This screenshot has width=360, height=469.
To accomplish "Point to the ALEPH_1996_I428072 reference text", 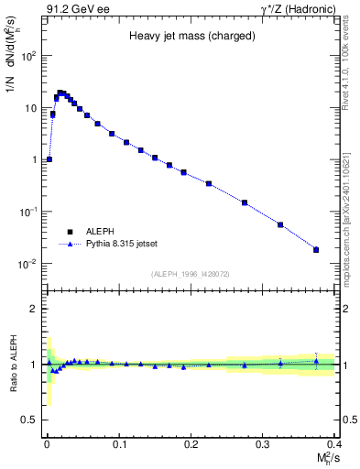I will coord(190,274).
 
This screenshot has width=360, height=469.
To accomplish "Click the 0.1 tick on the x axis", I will coord(118,442).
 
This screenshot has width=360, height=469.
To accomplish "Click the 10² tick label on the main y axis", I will coord(27,56).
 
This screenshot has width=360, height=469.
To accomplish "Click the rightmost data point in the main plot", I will coord(316,249).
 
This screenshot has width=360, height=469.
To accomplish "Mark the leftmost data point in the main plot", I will coord(49,159).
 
